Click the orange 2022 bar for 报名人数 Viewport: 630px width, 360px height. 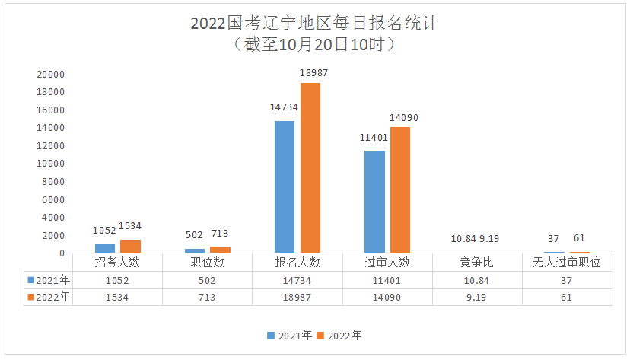point(310,168)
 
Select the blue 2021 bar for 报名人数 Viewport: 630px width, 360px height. point(285,186)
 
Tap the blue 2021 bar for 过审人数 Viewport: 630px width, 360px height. point(374,202)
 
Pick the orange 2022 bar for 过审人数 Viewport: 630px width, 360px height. point(400,190)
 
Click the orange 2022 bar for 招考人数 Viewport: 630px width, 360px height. point(131,247)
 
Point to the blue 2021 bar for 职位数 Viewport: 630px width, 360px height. point(195,250)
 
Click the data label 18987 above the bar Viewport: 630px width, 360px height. point(313,73)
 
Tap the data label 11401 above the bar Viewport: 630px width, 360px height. point(374,138)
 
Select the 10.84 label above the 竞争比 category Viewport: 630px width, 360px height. point(463,239)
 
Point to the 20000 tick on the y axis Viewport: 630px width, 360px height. point(51,75)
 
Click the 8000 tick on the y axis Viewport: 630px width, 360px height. point(53,182)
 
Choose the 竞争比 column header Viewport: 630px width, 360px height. point(476,263)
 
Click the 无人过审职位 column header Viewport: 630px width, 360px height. point(567,263)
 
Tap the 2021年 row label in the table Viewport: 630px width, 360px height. point(49,280)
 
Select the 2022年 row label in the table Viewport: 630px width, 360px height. point(49,297)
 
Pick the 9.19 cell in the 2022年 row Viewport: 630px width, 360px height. point(476,298)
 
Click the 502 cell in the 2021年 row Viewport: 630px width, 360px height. point(207,280)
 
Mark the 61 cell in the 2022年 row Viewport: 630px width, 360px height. point(567,298)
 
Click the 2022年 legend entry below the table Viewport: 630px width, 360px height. point(339,336)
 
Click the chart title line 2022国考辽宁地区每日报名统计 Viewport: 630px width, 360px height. point(314,24)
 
